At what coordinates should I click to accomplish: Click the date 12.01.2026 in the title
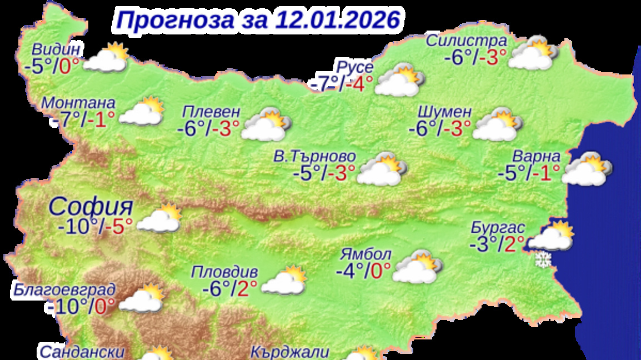(337, 20)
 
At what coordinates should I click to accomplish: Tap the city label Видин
(57, 48)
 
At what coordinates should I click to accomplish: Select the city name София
(91, 207)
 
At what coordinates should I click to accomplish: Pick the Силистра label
(466, 41)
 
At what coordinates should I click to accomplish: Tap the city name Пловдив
(224, 272)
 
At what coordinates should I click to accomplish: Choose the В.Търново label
(314, 157)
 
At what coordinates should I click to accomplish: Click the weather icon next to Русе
(399, 81)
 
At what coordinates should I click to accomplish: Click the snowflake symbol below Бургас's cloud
(542, 259)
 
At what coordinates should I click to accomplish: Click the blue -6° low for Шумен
(423, 129)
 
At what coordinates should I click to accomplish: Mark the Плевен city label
(211, 112)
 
